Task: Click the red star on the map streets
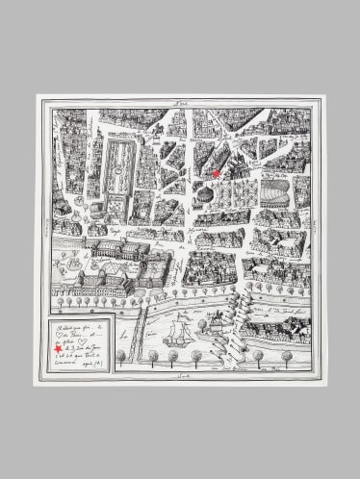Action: point(217,173)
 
